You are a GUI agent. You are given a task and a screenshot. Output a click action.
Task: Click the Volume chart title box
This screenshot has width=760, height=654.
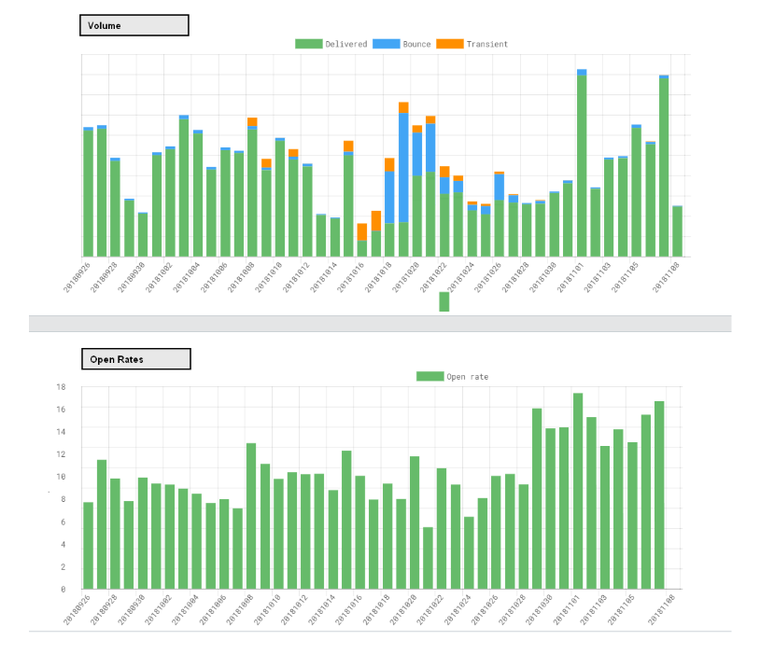134,25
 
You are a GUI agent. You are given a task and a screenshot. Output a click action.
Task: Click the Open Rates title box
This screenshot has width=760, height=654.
135,359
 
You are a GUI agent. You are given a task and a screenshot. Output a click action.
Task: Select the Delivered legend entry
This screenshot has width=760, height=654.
331,44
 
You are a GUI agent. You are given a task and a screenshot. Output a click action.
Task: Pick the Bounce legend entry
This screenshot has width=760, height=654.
402,44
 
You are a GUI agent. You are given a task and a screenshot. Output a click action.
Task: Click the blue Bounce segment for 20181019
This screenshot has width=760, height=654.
403,168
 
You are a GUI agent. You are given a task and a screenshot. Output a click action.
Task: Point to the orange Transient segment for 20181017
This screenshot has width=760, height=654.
376,221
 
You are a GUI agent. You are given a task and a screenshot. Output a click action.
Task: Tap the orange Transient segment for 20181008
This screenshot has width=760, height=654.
252,122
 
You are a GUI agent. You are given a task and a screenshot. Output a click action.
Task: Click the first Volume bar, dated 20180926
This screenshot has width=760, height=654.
88,192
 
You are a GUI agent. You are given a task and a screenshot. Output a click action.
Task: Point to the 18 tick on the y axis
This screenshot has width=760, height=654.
62,386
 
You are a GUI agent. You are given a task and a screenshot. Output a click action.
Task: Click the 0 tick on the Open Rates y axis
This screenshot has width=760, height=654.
63,589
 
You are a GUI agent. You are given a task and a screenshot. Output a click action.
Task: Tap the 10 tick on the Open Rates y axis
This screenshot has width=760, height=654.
62,476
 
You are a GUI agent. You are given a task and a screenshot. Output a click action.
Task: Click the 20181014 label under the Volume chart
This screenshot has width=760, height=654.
323,276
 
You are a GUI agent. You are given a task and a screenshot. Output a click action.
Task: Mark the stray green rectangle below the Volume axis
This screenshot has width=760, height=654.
444,301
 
